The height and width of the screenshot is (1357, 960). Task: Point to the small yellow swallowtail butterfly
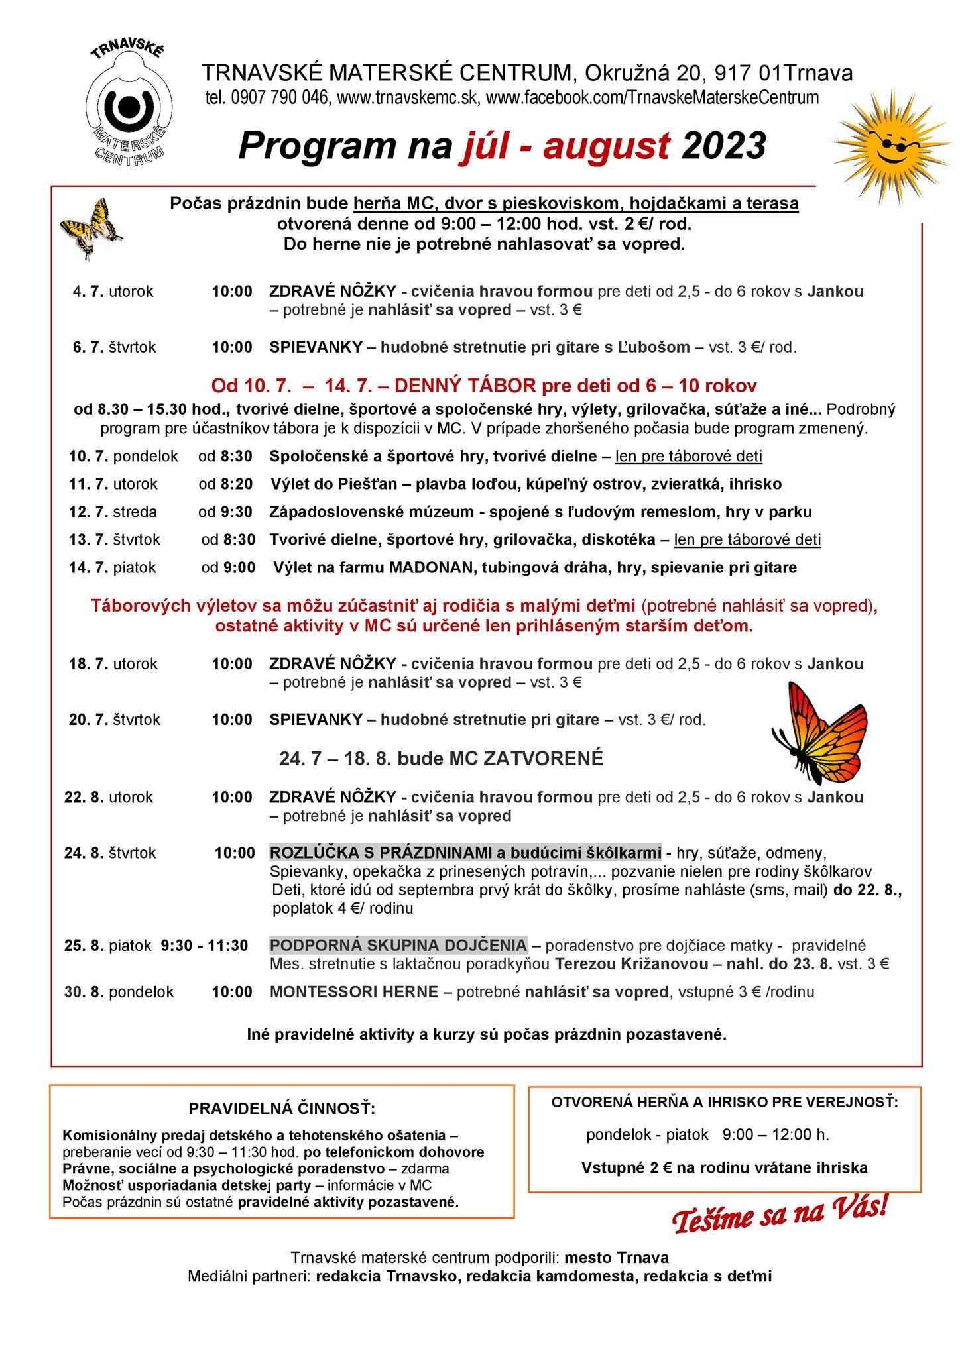(91, 227)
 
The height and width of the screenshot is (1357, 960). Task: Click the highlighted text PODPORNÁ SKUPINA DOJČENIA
(398, 945)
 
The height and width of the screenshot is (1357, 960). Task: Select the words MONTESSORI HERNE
(353, 992)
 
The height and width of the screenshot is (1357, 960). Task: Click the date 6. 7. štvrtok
(114, 347)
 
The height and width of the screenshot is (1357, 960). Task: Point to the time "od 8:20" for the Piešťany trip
(225, 484)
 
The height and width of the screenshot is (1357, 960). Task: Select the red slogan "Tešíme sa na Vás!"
(780, 1214)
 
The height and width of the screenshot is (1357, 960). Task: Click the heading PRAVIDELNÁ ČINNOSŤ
(282, 1109)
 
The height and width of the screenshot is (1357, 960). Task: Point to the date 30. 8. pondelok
(119, 992)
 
